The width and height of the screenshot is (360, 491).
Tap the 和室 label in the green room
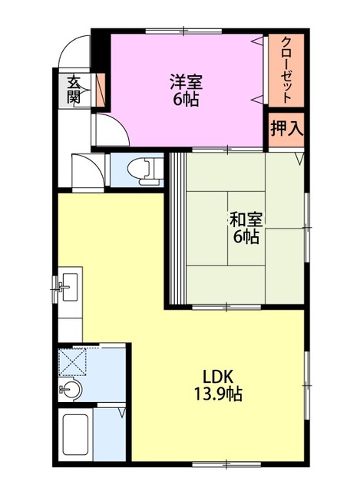pyautogui.click(x=246, y=219)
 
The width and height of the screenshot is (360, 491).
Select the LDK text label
pyautogui.click(x=217, y=377)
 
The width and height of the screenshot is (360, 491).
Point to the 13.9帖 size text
pyautogui.click(x=217, y=395)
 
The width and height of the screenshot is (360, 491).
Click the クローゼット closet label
pyautogui.click(x=286, y=71)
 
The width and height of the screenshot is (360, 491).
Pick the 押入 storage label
pyautogui.click(x=286, y=128)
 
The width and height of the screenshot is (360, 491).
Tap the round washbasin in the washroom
pyautogui.click(x=71, y=389)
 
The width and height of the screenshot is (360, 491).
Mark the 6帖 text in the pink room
pyautogui.click(x=186, y=100)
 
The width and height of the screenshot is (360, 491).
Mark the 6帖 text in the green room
pyautogui.click(x=246, y=236)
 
